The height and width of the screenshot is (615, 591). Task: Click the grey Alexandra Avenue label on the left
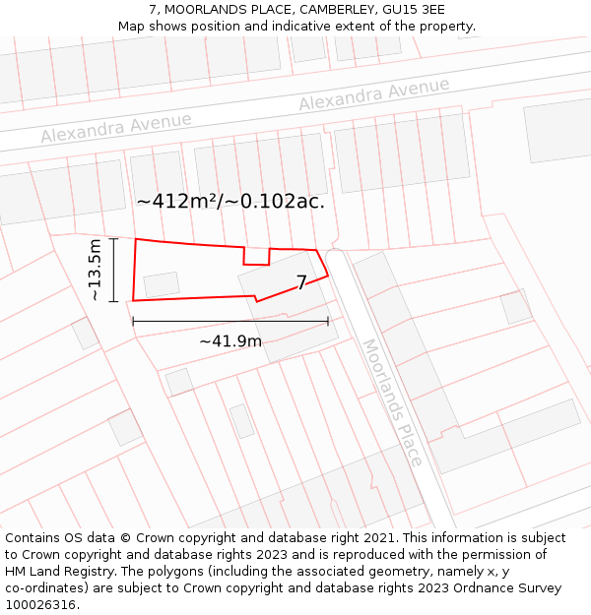point(116,127)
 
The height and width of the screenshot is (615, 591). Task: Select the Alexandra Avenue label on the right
point(374,94)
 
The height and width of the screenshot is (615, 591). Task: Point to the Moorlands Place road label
point(393,402)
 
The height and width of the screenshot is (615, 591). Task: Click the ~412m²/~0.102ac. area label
point(230,202)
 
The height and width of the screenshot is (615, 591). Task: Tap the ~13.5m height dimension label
point(95,269)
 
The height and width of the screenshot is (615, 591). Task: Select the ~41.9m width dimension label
point(230,340)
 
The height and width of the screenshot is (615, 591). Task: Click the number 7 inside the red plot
point(301,283)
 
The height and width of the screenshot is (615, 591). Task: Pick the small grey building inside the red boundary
point(162,284)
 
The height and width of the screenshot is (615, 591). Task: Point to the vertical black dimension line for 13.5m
point(114,269)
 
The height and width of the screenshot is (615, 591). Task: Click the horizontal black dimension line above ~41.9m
point(230,321)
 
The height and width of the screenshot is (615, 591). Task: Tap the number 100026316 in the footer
point(38,604)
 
